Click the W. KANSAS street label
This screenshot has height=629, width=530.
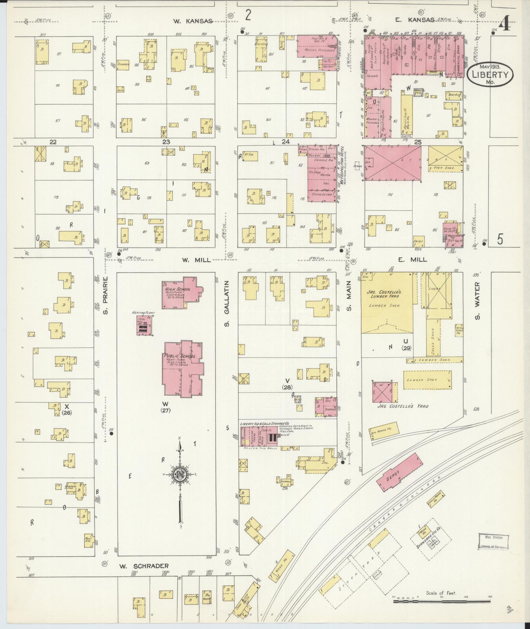(193, 21)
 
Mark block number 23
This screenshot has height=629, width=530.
(166, 142)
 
